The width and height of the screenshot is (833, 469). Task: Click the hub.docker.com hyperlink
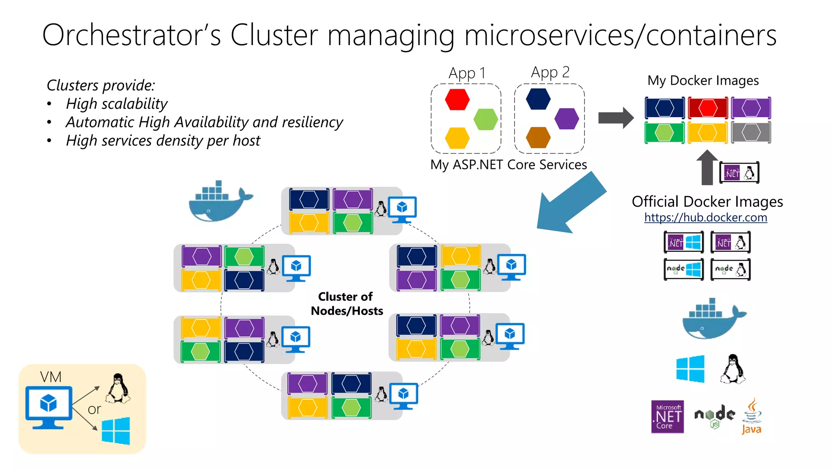705,217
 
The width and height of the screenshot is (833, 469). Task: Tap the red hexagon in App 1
457,100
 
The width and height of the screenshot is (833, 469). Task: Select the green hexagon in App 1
486,119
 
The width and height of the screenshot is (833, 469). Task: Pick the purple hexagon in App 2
567,119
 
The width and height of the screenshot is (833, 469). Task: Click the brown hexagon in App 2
538,138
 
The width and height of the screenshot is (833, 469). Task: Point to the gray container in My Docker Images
751,132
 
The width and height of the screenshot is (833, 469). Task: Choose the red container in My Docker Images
708,108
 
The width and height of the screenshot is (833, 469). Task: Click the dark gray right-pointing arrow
616,118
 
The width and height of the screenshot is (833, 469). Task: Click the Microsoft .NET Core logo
667,416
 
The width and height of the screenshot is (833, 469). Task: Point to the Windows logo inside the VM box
116,431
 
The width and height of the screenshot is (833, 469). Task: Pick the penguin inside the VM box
118,388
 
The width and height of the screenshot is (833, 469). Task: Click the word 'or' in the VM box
94,409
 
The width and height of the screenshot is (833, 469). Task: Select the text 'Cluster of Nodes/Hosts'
346,304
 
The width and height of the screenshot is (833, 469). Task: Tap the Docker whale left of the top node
220,202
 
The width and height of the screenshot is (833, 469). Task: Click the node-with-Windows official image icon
683,270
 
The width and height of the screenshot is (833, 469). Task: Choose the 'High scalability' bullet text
117,104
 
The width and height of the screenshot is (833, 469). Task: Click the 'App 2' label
550,72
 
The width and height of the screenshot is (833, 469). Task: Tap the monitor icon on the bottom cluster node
403,395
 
